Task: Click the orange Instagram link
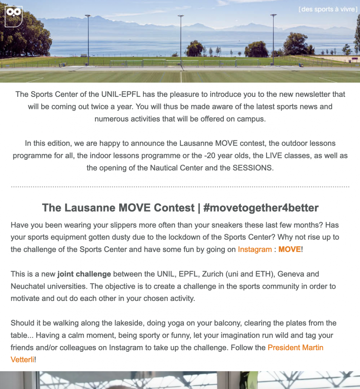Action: point(254,250)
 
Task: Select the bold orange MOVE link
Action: point(289,250)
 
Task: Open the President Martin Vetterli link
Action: point(295,348)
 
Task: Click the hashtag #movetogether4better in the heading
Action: point(261,208)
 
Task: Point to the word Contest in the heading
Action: point(174,208)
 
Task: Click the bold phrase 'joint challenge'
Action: point(84,274)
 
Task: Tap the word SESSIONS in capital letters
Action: point(253,168)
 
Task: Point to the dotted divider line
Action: point(180,187)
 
